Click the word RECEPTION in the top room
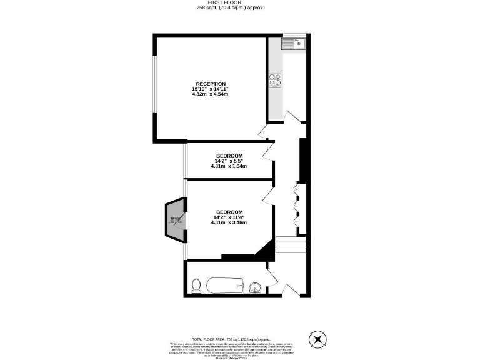pyautogui.click(x=210, y=84)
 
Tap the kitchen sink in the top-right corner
pyautogui.click(x=292, y=43)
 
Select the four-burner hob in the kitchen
pyautogui.click(x=275, y=79)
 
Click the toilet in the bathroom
pyautogui.click(x=197, y=286)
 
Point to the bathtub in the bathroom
pyautogui.click(x=225, y=287)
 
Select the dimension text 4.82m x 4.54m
pyautogui.click(x=210, y=94)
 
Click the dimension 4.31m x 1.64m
pyautogui.click(x=229, y=166)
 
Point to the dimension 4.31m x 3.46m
pyautogui.click(x=229, y=222)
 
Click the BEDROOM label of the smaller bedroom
pyautogui.click(x=229, y=156)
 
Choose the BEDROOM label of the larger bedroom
pyautogui.click(x=229, y=211)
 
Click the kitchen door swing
pyautogui.click(x=290, y=117)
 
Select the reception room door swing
pyautogui.click(x=263, y=131)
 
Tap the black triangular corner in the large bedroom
pyautogui.click(x=267, y=251)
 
